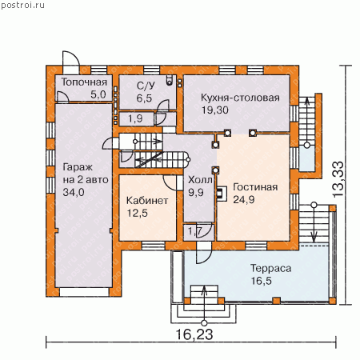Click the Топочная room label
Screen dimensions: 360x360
click(x=84, y=82)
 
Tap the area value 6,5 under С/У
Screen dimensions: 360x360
click(x=144, y=98)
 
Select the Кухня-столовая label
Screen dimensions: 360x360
click(x=240, y=98)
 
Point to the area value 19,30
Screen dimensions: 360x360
click(x=215, y=110)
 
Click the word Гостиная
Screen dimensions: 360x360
click(x=255, y=187)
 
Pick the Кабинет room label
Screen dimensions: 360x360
click(x=147, y=201)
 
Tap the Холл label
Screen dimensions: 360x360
click(x=200, y=180)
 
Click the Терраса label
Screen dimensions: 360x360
click(x=270, y=269)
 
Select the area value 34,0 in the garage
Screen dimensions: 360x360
click(x=74, y=192)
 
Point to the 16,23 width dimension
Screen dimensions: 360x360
click(x=194, y=334)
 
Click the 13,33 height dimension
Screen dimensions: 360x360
click(x=338, y=179)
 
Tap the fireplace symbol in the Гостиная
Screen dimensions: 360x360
click(x=222, y=194)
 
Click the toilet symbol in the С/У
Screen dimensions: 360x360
click(x=170, y=80)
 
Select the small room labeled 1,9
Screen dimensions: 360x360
click(x=136, y=119)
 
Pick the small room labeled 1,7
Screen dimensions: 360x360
click(x=198, y=232)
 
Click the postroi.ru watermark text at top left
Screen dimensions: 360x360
click(x=22, y=5)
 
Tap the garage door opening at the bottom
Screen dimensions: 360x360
click(x=84, y=292)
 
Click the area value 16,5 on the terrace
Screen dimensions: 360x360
click(x=261, y=281)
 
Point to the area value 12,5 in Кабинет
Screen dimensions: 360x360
click(x=137, y=213)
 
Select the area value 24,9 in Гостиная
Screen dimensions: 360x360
click(x=244, y=199)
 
